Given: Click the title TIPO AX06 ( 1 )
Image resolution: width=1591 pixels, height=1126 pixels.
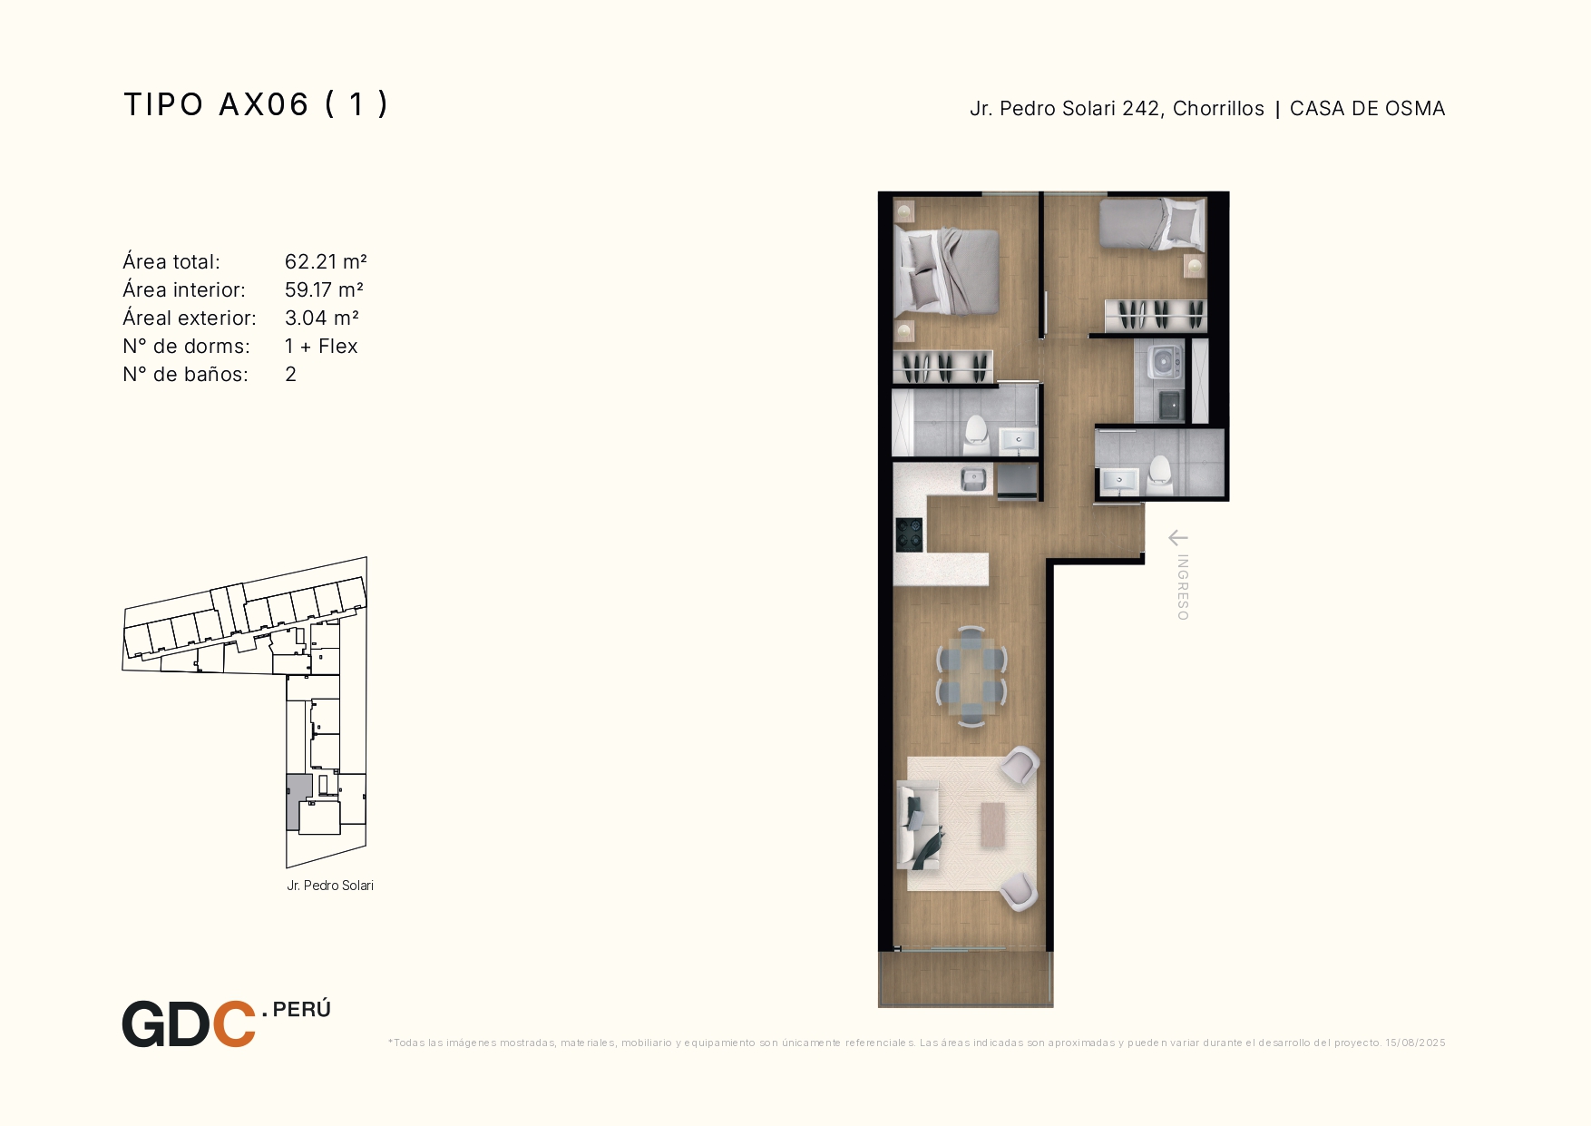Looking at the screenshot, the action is (256, 104).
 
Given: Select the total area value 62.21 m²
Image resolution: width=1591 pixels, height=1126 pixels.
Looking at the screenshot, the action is (326, 261).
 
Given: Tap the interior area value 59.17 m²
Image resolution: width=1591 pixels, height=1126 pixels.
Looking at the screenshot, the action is (324, 289).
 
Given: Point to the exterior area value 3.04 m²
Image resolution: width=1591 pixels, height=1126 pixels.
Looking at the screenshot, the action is (322, 318).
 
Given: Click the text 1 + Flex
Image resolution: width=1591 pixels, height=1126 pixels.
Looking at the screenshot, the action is (321, 346).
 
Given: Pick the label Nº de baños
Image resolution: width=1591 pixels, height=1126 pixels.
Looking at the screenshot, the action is (185, 374).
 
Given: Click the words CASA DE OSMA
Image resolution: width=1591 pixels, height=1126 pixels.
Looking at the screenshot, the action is (1367, 108).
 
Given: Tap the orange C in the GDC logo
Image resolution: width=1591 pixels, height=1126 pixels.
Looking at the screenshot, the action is (234, 1024).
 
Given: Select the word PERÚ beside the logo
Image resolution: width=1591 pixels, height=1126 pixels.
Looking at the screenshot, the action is (301, 1009).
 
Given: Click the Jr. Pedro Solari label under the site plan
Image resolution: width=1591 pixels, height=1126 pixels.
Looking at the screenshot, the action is (330, 886).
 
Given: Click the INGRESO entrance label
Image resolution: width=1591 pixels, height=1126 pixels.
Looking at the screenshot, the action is (1183, 587).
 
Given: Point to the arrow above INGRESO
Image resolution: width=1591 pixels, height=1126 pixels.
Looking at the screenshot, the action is (1177, 538).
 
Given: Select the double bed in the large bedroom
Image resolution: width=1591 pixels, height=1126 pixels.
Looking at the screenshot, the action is (946, 270).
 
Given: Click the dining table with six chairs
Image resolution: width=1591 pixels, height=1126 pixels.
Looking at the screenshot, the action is (971, 676).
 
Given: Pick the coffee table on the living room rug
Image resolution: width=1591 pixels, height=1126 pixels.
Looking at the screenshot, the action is (993, 825).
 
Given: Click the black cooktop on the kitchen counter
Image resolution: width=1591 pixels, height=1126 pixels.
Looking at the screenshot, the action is (909, 534).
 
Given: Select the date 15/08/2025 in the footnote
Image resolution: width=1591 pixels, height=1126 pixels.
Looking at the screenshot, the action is (1415, 1043).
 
